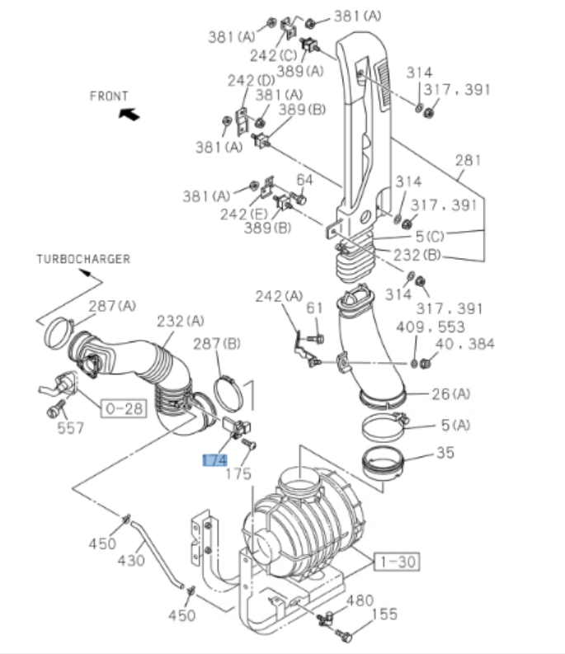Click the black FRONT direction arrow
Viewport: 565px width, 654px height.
pos(129,115)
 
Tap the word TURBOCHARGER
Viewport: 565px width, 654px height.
pos(83,259)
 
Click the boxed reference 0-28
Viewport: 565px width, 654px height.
pos(121,407)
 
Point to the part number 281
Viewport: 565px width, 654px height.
pos(468,160)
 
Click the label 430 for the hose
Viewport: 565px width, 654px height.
pos(130,560)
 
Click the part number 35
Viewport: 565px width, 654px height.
pos(446,453)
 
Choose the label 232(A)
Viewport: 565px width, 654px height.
pos(181,320)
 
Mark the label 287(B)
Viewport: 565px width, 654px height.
pos(217,342)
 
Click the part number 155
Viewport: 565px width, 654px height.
pos(384,614)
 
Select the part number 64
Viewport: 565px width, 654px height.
pos(305,179)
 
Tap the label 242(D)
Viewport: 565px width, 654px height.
pos(252,80)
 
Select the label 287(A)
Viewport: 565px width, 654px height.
pos(113,306)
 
